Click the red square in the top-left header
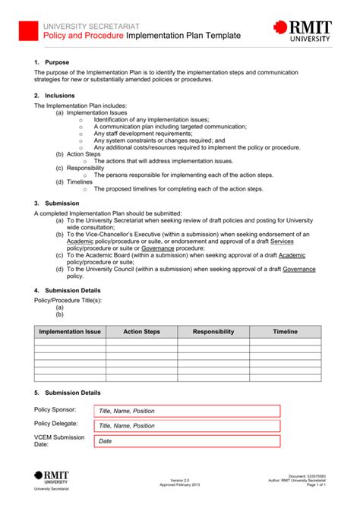27,30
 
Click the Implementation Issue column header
70,332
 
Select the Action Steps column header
141,332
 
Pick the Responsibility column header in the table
213,332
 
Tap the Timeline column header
286,332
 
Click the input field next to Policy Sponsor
187,411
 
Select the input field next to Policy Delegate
187,426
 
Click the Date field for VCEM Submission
187,441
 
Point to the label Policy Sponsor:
55,409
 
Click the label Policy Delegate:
56,423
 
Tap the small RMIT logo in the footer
51,477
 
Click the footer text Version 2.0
179,480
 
